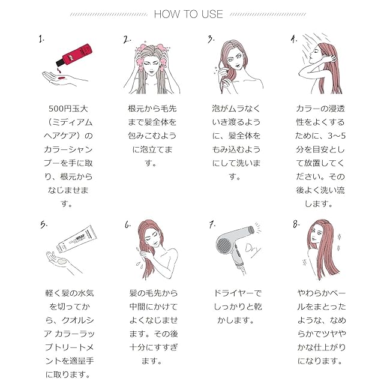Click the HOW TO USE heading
tap(188, 14)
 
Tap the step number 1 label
tap(41, 39)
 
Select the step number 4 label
tap(294, 38)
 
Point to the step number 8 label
tap(296, 224)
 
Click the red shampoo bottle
tap(74, 55)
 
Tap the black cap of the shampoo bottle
tap(59, 62)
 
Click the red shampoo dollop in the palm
tap(62, 78)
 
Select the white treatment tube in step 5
tap(76, 239)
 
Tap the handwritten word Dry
tap(253, 250)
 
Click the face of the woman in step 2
tap(151, 64)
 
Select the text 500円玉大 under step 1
tap(68, 109)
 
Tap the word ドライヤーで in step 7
tap(238, 293)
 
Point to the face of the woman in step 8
tap(316, 235)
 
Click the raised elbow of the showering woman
tap(301, 74)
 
